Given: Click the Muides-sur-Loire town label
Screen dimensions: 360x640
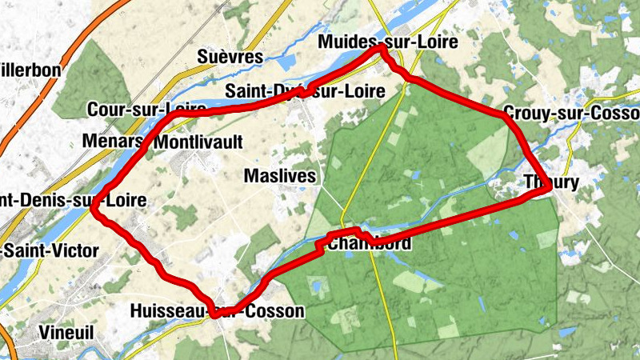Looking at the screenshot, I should [387, 42].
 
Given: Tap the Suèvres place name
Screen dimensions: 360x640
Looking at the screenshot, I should [230, 57].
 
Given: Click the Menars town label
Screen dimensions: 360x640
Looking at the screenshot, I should [112, 142].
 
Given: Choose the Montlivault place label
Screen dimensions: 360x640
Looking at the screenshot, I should [198, 142].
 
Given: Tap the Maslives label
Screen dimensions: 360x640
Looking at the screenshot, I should [280, 175].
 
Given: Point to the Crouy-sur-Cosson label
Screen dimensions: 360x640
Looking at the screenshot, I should [571, 113].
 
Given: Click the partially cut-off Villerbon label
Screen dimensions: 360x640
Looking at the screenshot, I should [30, 70].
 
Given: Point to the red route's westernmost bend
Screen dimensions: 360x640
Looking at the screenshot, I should [94, 210].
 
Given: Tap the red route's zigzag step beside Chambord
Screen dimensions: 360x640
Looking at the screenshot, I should [323, 245].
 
